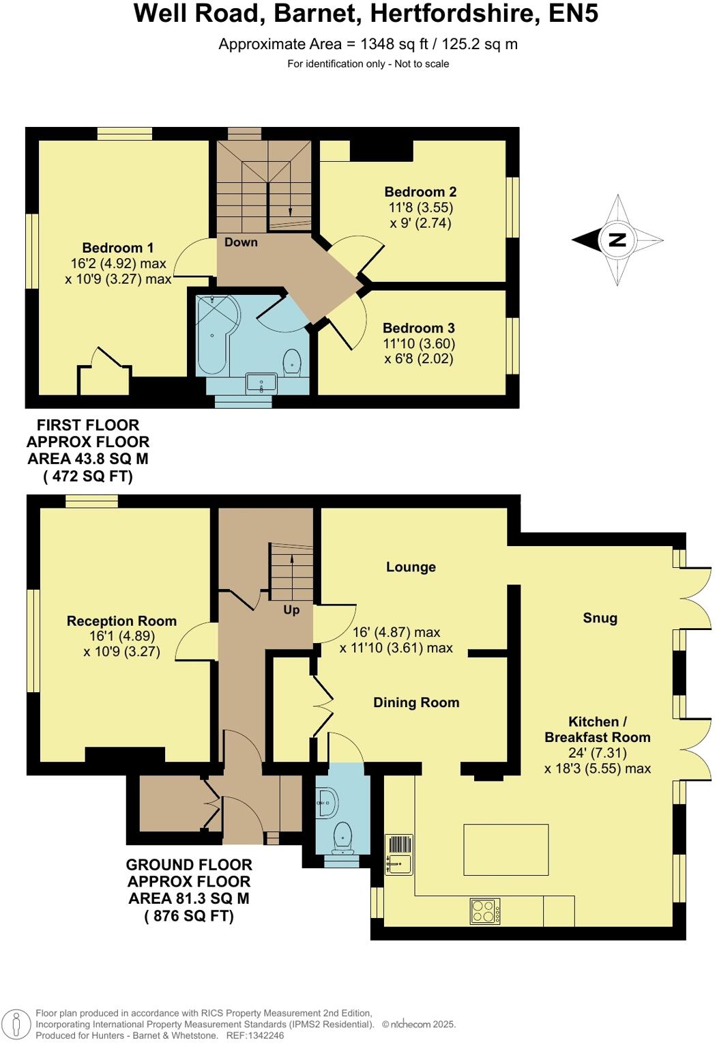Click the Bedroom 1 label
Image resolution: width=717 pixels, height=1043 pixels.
pos(117,248)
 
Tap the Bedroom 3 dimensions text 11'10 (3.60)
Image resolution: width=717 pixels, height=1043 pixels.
pos(418,343)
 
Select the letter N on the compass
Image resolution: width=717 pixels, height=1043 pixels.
pos(617,240)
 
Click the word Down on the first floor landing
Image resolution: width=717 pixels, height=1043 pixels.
pos(241,242)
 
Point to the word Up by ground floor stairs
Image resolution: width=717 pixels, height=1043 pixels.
pos(291,610)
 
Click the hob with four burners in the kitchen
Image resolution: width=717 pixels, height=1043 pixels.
pos(484,911)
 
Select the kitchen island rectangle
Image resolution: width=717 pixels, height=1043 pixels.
pos(506,849)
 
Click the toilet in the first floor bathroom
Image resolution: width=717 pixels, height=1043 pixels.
pos(292,361)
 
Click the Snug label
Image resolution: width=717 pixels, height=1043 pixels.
pos(600,618)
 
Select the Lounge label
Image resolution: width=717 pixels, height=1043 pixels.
pos(411,567)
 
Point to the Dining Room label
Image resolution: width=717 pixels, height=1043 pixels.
pos(416,702)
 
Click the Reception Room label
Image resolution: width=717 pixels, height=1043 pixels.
pos(121,620)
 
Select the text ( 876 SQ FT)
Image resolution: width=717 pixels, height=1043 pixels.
pos(189,916)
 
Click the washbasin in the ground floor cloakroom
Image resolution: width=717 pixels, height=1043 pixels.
pos(326,803)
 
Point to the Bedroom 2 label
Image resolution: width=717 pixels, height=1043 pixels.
pos(420,192)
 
